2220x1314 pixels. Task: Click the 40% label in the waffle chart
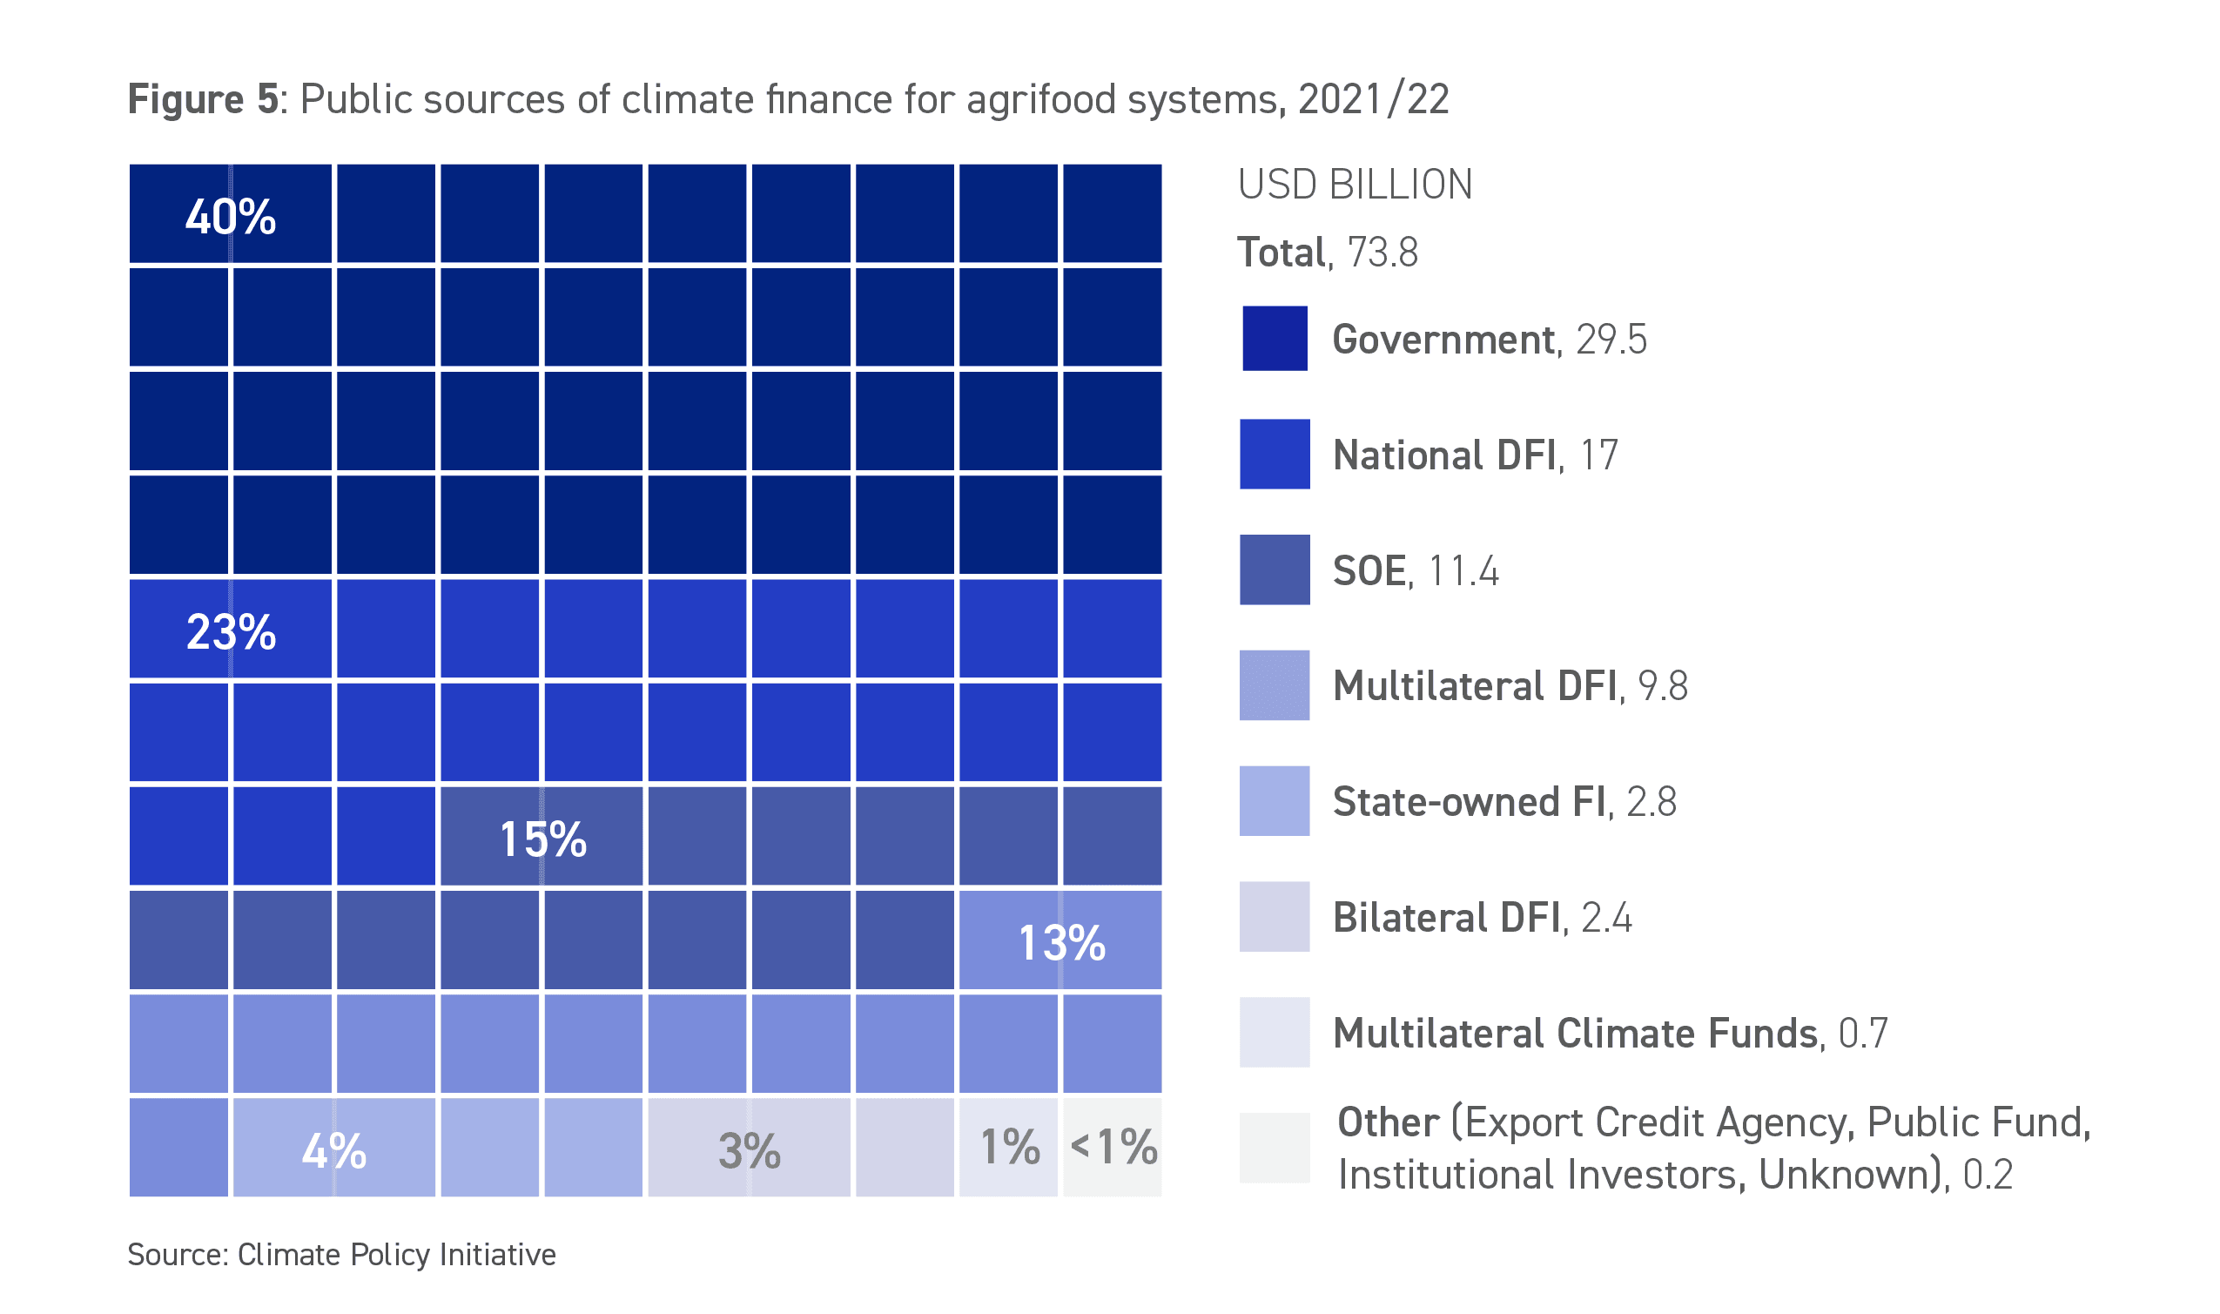tap(230, 216)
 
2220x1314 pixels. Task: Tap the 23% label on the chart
tap(231, 632)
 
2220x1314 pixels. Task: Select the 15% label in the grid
tap(542, 839)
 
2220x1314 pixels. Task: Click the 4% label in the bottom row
tap(333, 1151)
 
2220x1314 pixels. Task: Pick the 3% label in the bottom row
tap(749, 1151)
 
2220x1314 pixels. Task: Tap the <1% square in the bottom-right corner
tap(1113, 1148)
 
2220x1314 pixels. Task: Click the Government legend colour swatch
tap(1275, 338)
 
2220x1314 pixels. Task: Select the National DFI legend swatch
tap(1275, 455)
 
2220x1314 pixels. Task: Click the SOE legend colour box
tap(1275, 569)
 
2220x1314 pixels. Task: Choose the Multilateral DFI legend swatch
tap(1275, 685)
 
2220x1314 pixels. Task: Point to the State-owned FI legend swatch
tap(1275, 800)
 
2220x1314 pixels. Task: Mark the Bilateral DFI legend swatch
tap(1275, 916)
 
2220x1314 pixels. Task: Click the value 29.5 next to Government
tap(1611, 340)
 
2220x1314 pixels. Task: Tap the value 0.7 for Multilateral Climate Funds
tap(1862, 1034)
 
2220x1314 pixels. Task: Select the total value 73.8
tap(1382, 253)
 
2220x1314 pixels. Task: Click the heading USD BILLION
tap(1355, 185)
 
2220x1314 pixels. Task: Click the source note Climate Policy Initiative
tap(397, 1255)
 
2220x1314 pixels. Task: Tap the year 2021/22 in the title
tap(1373, 99)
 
